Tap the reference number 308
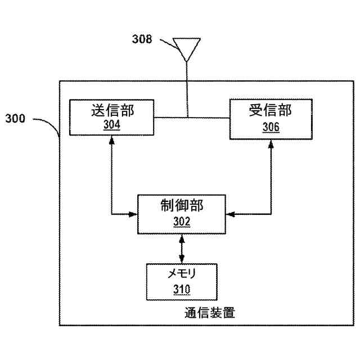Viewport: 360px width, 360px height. [x=142, y=39]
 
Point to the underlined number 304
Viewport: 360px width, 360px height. [x=112, y=125]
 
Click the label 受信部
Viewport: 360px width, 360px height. [x=271, y=110]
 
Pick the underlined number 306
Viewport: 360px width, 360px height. [x=271, y=127]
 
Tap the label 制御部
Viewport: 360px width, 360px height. [x=181, y=206]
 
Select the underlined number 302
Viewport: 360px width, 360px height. [x=181, y=222]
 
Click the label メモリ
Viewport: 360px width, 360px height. [x=181, y=274]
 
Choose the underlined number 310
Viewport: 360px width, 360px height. [x=181, y=290]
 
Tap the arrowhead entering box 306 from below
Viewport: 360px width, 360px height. [x=271, y=145]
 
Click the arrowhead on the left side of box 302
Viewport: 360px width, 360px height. [x=134, y=214]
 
